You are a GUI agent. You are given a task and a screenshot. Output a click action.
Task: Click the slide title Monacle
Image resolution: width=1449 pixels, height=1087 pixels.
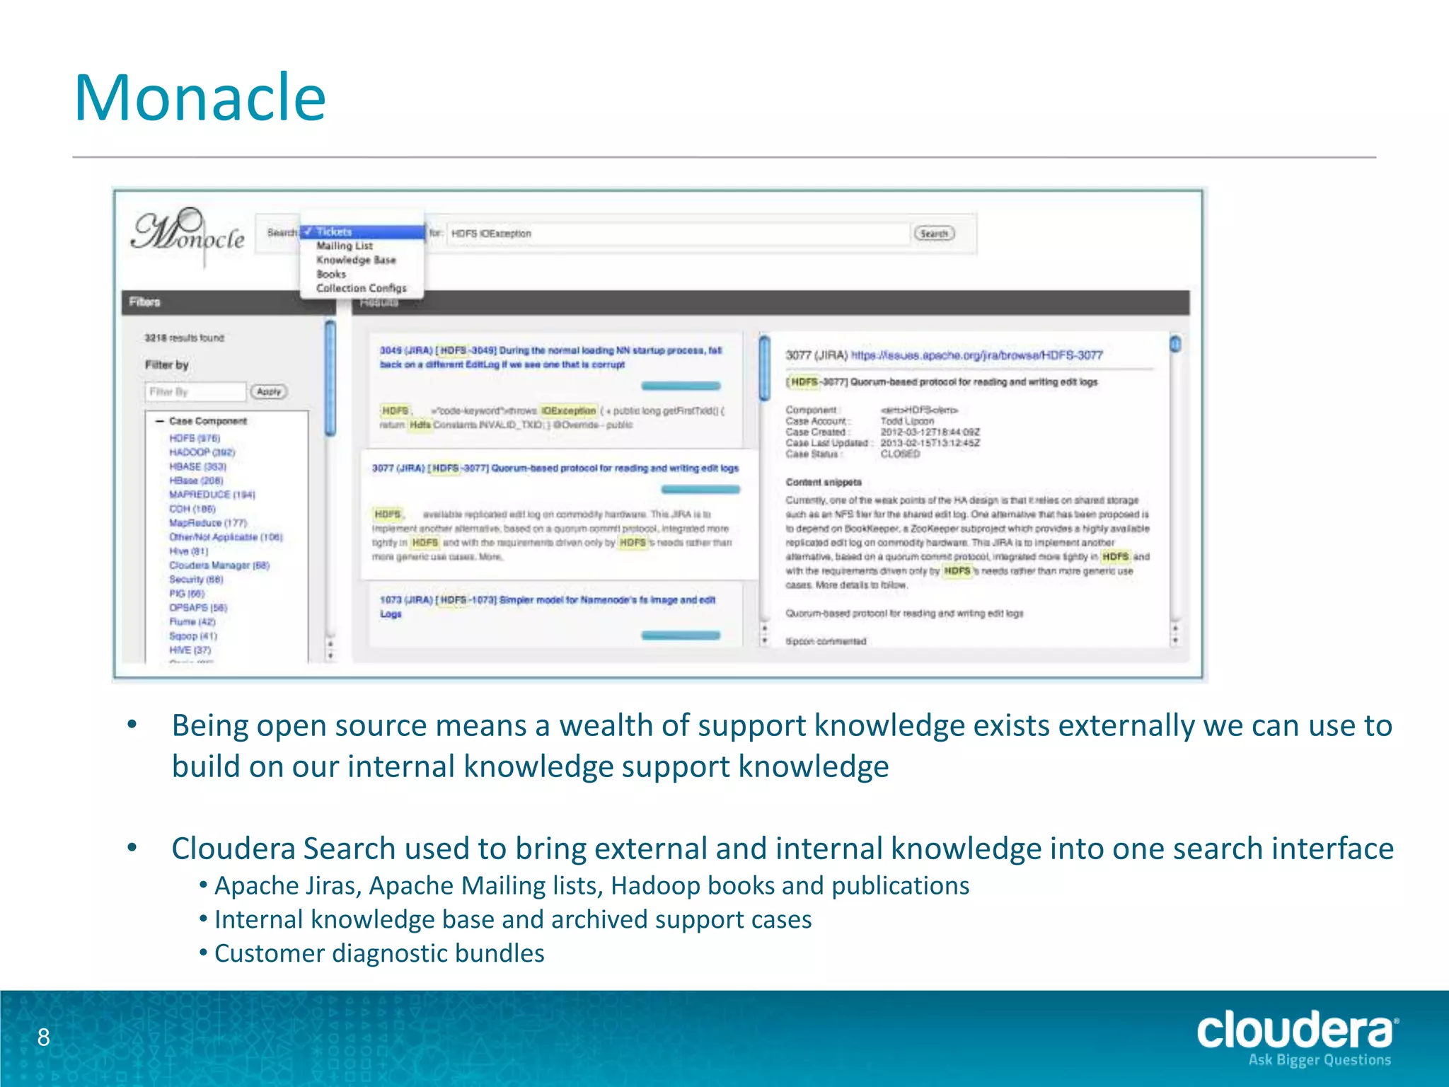pos(200,98)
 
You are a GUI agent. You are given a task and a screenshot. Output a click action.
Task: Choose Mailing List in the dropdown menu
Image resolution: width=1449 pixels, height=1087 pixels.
pos(345,246)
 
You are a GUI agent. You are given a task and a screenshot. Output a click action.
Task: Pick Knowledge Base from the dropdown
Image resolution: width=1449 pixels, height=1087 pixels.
pos(356,260)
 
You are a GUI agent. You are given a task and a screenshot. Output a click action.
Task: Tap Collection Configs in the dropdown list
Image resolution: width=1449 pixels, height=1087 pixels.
pos(361,288)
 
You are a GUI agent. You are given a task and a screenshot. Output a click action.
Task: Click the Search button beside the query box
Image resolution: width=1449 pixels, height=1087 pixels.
pos(933,234)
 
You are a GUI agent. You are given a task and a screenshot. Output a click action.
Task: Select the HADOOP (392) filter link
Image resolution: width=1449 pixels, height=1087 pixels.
pos(202,452)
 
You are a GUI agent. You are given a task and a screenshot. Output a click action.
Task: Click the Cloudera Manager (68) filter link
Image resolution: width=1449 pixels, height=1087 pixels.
pos(219,565)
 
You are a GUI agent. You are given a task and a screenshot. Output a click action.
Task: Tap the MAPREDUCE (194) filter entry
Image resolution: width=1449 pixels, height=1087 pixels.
pos(212,495)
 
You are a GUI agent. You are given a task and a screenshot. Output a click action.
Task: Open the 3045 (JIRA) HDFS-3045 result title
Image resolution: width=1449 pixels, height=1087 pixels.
pos(550,357)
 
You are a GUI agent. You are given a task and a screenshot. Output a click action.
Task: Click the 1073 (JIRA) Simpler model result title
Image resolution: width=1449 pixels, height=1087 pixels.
pos(547,606)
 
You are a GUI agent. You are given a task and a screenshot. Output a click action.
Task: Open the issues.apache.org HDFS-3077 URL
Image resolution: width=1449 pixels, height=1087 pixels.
pos(976,355)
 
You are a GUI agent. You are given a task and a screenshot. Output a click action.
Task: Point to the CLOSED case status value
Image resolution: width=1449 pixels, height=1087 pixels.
pos(900,454)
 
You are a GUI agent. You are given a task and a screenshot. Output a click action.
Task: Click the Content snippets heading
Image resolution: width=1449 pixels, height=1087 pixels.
pos(824,482)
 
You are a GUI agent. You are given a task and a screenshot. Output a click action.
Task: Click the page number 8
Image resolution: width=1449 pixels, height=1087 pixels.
pos(44,1037)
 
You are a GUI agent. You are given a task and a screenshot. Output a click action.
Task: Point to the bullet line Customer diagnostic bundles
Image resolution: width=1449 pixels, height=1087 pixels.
pos(379,953)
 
